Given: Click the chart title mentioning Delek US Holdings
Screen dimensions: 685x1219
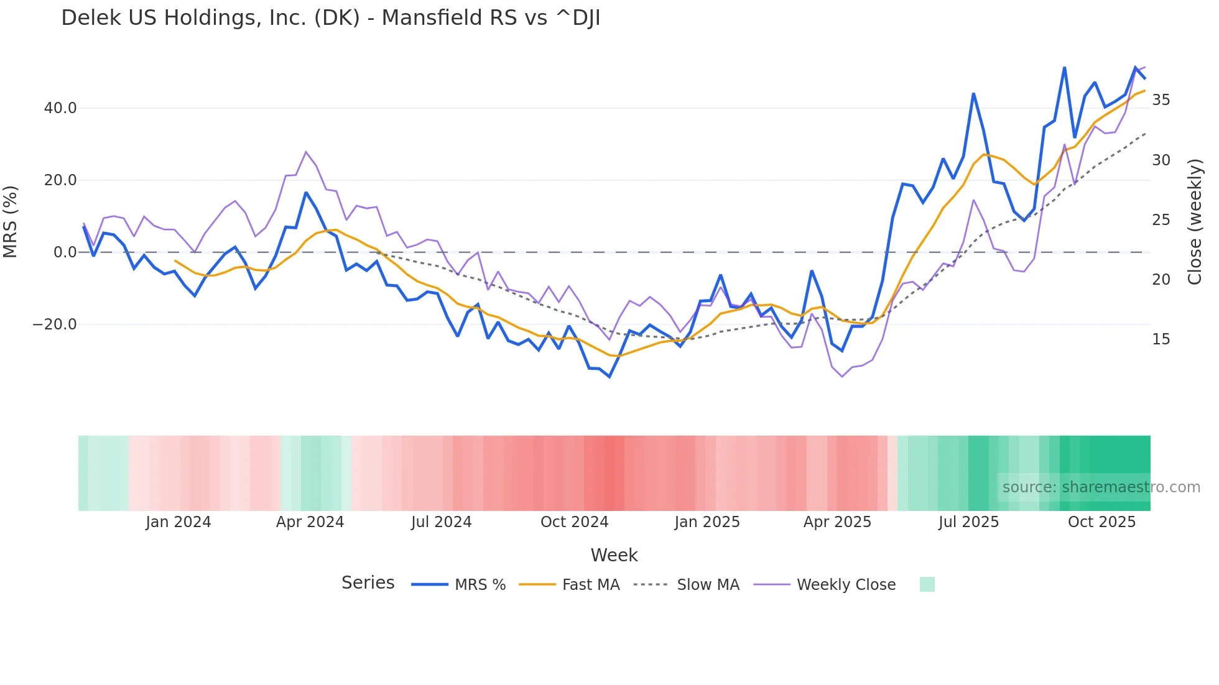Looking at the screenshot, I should point(330,18).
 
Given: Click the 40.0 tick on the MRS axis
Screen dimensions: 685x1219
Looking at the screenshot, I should point(60,108).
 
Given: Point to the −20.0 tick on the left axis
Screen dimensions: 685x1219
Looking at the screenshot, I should point(55,324).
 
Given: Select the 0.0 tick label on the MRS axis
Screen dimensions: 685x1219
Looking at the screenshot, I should point(65,252).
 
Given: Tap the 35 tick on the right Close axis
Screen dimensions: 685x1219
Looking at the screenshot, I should point(1161,100).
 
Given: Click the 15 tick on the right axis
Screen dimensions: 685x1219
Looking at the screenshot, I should point(1161,339).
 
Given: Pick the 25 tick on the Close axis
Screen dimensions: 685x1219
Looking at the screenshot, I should point(1161,220).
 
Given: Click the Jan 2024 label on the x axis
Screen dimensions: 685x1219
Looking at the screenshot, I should point(178,522).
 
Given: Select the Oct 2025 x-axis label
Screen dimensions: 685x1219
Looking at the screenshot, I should point(1101,522).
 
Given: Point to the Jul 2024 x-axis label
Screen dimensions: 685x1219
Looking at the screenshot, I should point(441,522).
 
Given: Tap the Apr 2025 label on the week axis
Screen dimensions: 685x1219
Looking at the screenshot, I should point(837,522).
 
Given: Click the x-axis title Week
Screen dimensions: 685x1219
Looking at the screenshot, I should point(614,555).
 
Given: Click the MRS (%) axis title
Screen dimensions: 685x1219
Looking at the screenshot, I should point(11,221).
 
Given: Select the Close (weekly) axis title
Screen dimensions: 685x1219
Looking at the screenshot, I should point(1195,221).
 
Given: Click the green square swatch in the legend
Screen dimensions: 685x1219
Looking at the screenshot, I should point(927,584).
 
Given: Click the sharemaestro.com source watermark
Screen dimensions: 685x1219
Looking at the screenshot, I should point(1101,487).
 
